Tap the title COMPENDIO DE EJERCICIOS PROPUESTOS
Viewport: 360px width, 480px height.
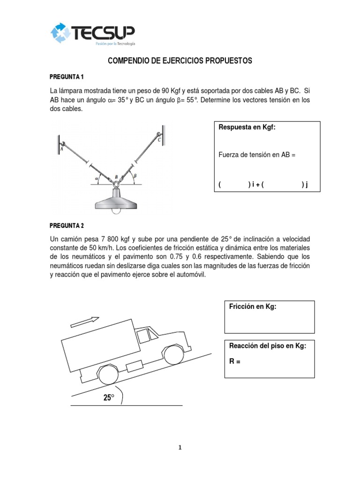(x=180, y=61)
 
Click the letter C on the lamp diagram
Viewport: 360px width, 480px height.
(x=159, y=140)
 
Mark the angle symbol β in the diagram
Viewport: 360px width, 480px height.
(x=135, y=176)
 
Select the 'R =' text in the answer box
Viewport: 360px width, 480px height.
(x=235, y=361)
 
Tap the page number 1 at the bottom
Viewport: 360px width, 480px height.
(x=180, y=447)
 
